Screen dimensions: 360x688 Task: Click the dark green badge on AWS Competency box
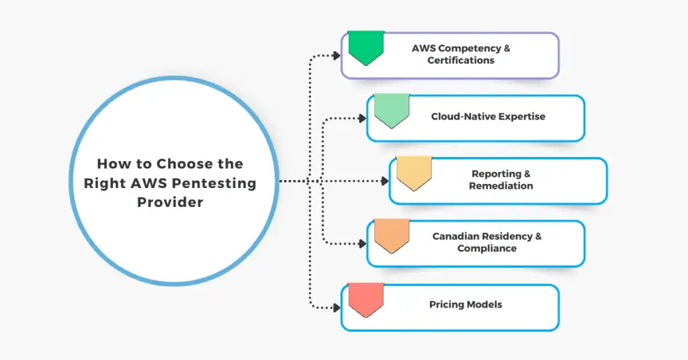point(365,47)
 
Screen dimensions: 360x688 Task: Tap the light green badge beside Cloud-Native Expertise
point(392,109)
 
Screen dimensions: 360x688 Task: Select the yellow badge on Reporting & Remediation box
point(414,173)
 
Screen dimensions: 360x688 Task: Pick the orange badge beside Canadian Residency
point(392,235)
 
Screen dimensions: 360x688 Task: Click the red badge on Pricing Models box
point(365,299)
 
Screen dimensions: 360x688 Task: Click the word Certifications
point(461,60)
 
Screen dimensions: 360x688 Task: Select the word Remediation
point(501,185)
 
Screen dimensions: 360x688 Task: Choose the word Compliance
point(487,249)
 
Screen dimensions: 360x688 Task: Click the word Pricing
point(446,304)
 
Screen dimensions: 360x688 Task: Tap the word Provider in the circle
point(170,201)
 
